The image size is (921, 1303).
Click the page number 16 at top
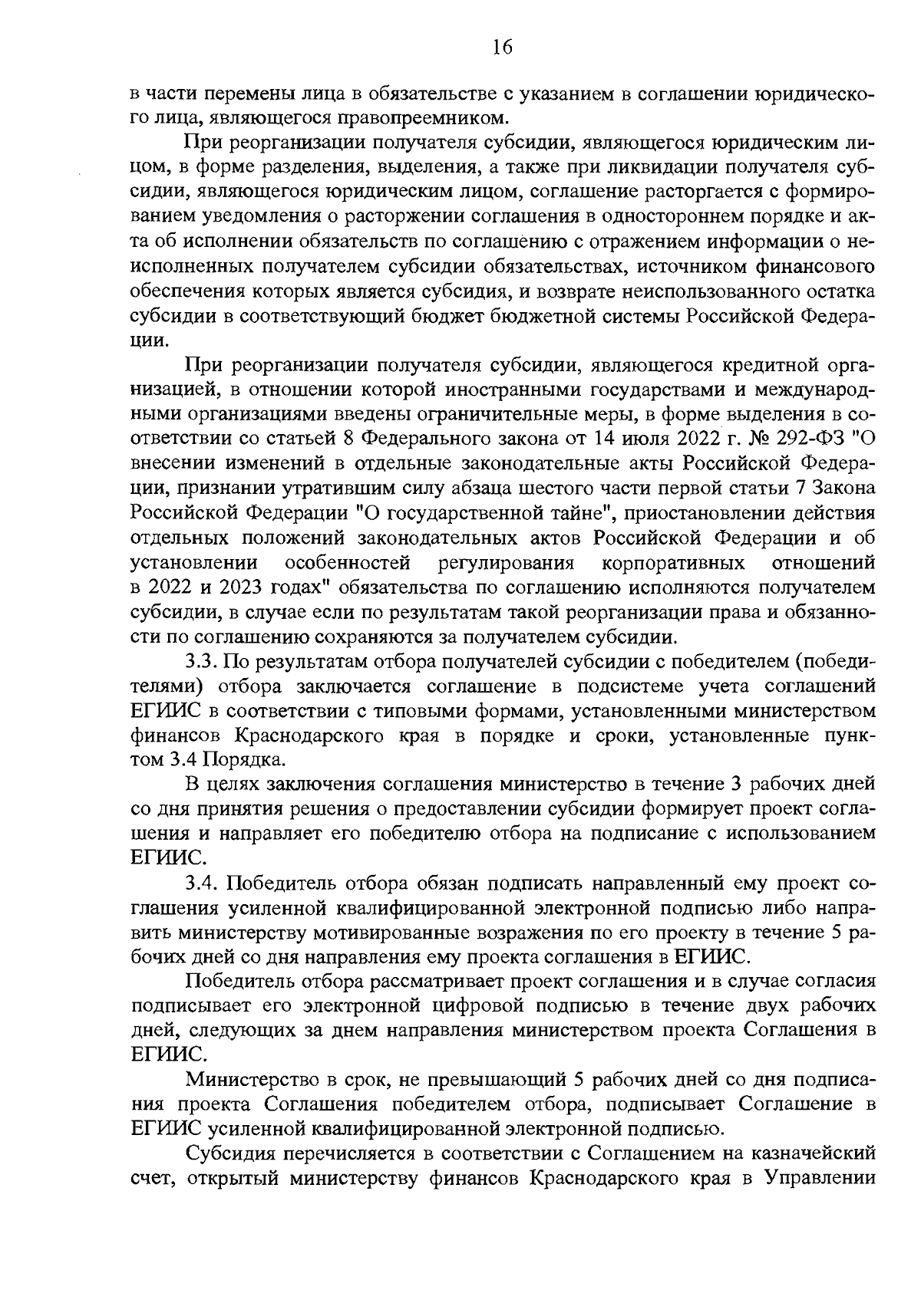coord(501,47)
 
